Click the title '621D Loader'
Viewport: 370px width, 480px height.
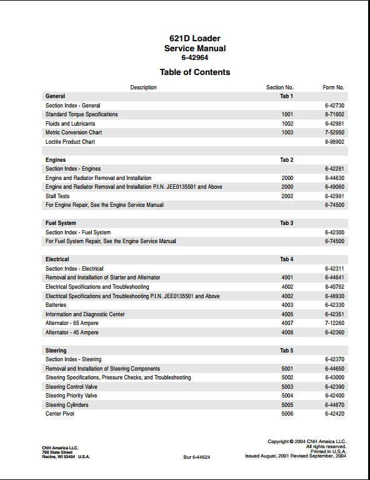[194, 39]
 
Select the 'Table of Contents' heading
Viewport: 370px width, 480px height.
[194, 72]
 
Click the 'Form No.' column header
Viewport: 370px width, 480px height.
[333, 87]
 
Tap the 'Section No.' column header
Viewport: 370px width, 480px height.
[279, 87]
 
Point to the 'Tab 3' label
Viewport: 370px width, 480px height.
[286, 223]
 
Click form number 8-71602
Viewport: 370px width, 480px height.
[334, 115]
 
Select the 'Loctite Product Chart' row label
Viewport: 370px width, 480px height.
[70, 142]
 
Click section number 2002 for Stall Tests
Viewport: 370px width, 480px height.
[287, 196]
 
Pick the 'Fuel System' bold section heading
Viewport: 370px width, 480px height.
[61, 223]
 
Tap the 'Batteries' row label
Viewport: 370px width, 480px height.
[56, 305]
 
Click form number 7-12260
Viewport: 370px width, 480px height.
[334, 323]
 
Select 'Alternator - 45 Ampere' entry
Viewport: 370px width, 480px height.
[72, 332]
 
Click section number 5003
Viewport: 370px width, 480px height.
[287, 387]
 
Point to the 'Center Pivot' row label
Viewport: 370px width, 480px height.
[61, 414]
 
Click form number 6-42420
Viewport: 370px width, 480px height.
[334, 414]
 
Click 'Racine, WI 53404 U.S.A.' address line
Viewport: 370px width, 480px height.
[66, 457]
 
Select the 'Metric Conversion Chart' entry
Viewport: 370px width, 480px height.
[74, 132]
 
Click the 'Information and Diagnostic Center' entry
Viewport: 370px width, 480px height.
[85, 314]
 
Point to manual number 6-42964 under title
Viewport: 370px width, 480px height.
[194, 57]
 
